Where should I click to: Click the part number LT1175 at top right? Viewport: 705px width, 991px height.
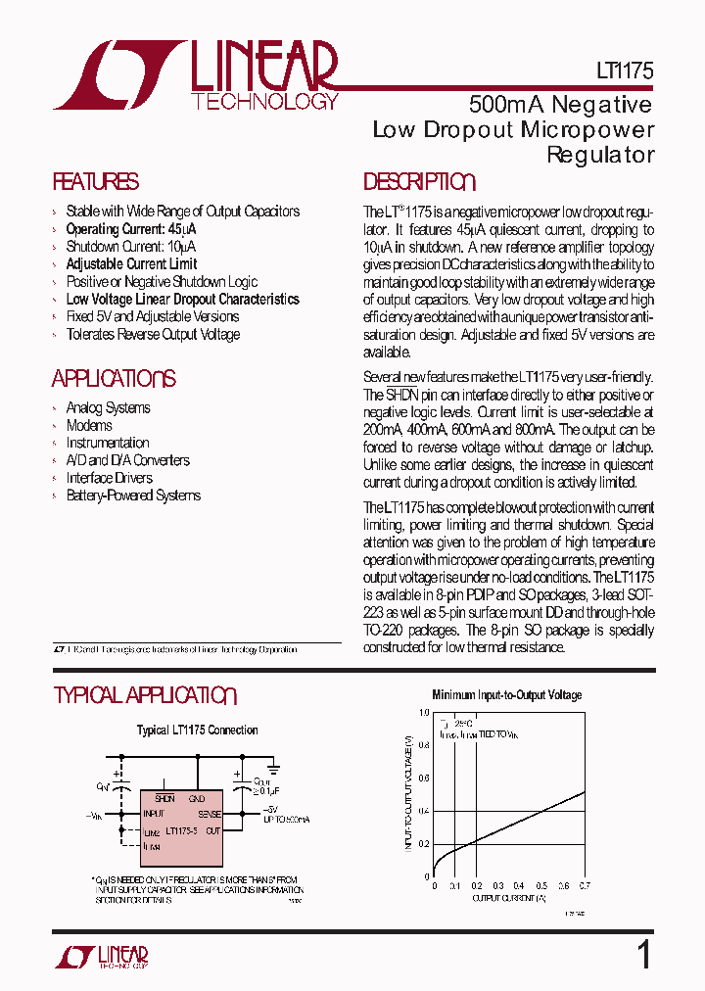[624, 71]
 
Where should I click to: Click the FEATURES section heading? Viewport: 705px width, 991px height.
[95, 182]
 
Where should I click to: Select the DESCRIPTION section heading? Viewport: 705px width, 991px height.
[419, 182]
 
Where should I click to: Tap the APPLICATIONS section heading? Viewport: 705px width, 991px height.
[114, 379]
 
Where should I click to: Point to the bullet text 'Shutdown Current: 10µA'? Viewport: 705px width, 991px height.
[130, 247]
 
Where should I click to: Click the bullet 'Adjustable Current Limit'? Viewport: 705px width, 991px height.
[131, 264]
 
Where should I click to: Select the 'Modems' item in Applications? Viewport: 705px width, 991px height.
[89, 426]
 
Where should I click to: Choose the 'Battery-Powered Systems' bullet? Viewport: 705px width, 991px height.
[133, 496]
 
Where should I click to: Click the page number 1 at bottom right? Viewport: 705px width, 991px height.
[643, 954]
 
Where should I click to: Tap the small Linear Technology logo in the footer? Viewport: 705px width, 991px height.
[101, 957]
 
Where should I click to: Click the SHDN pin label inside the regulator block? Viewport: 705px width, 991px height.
[164, 798]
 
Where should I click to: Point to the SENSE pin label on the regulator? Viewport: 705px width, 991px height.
[210, 814]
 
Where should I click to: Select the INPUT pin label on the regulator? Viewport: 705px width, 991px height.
[154, 814]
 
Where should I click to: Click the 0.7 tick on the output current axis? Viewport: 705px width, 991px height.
[585, 885]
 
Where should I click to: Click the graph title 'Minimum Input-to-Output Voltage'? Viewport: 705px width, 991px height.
[506, 695]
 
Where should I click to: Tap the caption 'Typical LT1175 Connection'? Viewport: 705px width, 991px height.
[197, 731]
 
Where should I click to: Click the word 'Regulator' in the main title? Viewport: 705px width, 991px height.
[599, 155]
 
